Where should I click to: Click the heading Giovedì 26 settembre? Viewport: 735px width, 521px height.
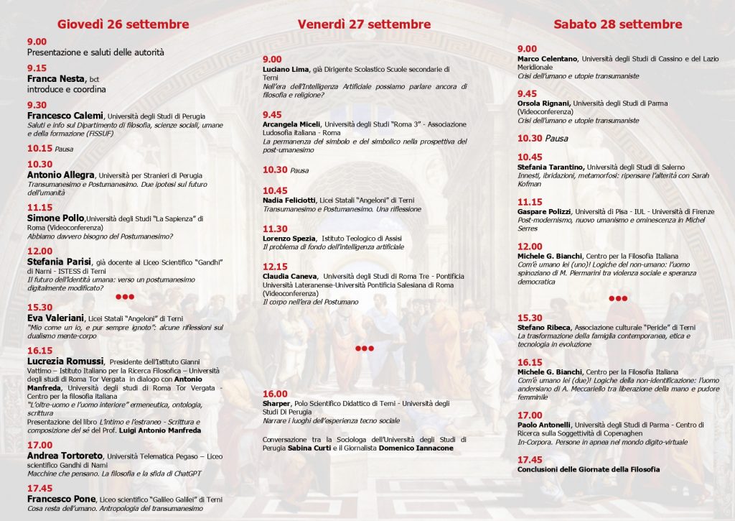pos(123,24)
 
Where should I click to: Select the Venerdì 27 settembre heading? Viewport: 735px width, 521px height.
pos(364,24)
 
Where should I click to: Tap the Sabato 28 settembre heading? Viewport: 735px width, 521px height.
pos(617,24)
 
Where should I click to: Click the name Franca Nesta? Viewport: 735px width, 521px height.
pos(56,78)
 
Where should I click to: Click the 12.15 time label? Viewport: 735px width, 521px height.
pos(275,266)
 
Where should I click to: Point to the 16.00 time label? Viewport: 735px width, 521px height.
pos(275,394)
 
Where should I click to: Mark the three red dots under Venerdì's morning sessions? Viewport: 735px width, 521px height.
pos(365,349)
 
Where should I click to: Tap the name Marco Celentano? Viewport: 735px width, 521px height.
pos(548,58)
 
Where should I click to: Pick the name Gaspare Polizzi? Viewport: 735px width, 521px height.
pos(543,212)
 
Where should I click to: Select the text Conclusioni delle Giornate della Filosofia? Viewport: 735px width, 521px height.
pos(588,469)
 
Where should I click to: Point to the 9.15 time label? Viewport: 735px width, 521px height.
pos(37,68)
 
